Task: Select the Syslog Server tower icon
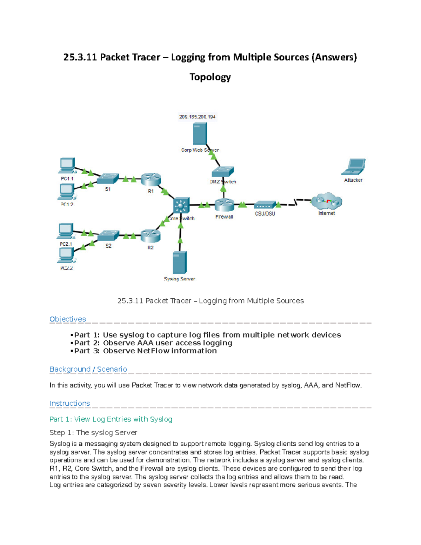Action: tap(180, 263)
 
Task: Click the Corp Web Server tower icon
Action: tap(200, 134)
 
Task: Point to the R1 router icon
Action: tap(151, 180)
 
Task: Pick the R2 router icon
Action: tap(151, 236)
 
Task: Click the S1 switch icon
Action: tap(108, 179)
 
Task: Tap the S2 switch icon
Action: tap(108, 235)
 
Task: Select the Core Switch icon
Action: tap(181, 205)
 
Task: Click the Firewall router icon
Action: tap(224, 205)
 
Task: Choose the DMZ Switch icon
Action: tap(223, 172)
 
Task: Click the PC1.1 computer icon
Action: tap(67, 166)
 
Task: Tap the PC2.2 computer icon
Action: tap(66, 255)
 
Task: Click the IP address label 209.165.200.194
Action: tap(197, 117)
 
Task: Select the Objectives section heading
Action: tap(68, 319)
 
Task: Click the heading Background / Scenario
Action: tap(88, 369)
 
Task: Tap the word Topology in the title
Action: tap(210, 77)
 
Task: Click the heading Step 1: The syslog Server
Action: tap(93, 433)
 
